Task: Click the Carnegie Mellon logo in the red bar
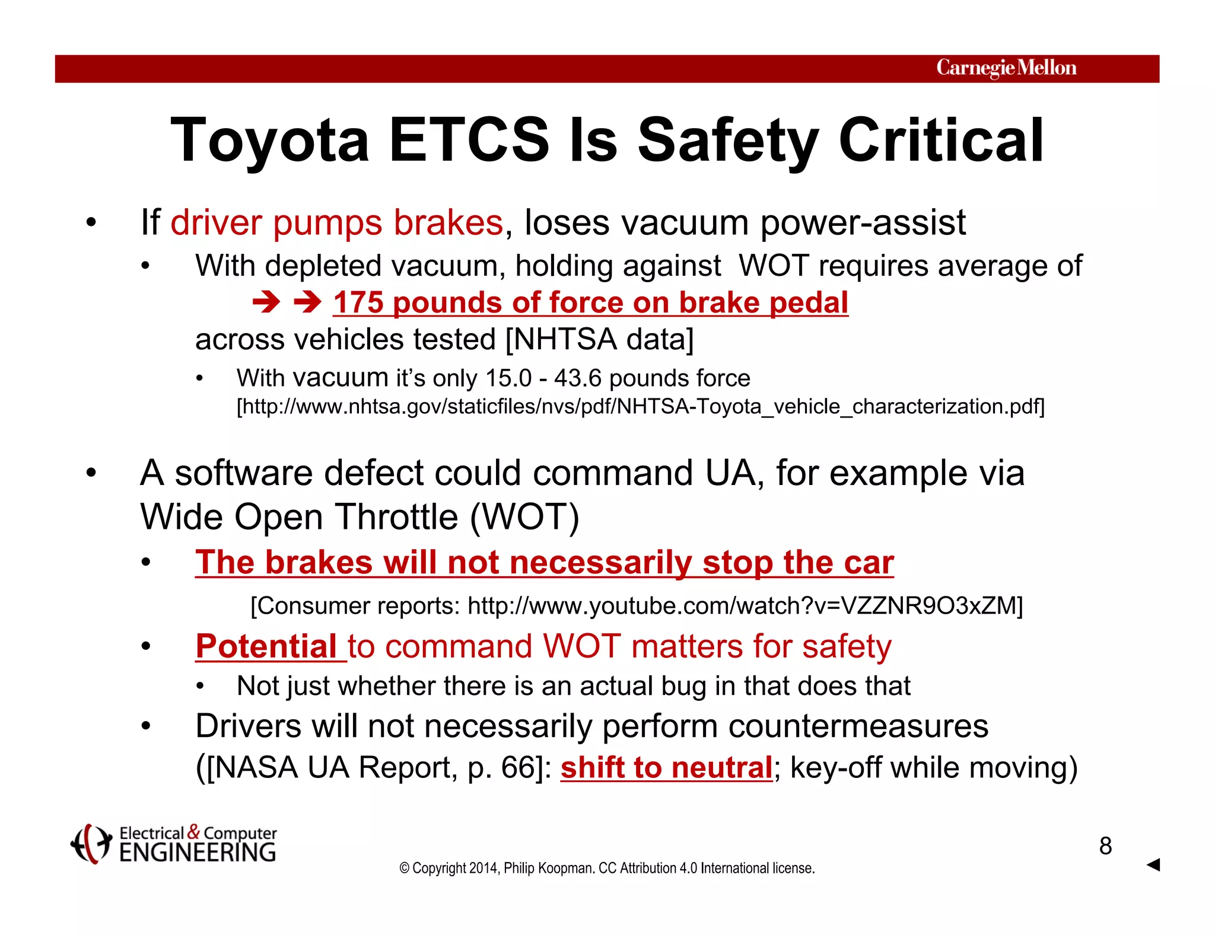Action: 1006,68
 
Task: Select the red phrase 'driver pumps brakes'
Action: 337,223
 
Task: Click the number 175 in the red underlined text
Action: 358,302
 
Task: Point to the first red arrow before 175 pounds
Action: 266,303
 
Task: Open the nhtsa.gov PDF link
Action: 641,407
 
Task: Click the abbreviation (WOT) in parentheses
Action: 524,517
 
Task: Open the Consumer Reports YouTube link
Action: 745,606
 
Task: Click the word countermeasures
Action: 858,726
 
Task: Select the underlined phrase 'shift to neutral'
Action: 666,767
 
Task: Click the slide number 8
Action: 1105,846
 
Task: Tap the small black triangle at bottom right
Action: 1153,864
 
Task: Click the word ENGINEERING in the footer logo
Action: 198,853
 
